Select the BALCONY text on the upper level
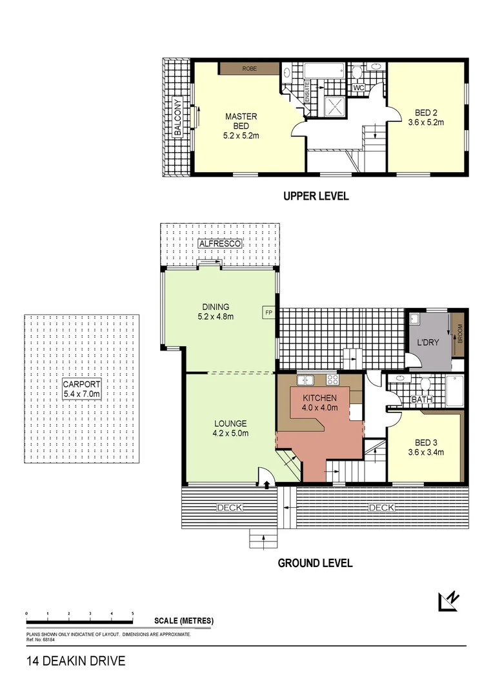(177, 118)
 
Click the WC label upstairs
(359, 88)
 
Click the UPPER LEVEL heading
(316, 196)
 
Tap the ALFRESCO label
(220, 244)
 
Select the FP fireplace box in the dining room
(268, 313)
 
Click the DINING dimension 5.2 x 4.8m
(215, 316)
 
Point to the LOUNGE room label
(230, 423)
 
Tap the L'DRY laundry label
(428, 342)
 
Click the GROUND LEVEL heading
(315, 563)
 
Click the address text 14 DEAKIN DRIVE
(75, 661)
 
